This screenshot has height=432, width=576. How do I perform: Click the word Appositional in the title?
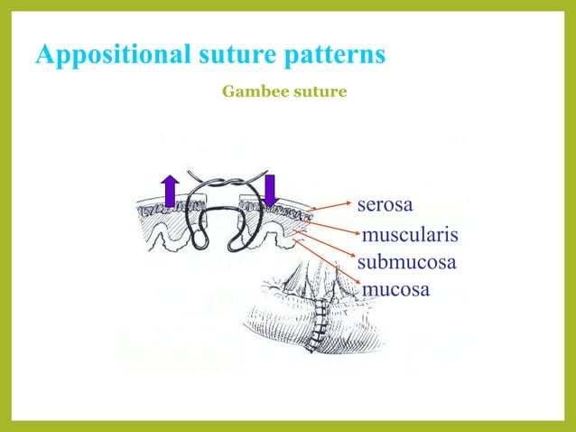(111, 55)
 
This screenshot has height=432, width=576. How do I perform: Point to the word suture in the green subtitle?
(317, 91)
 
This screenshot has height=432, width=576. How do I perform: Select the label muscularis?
(410, 237)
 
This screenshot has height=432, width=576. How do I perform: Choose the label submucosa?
(406, 263)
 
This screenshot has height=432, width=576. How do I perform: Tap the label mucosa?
(395, 290)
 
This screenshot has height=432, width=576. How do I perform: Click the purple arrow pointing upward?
(170, 192)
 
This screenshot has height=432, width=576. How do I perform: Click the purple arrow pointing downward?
(269, 191)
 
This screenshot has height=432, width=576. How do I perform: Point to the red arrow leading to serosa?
(330, 204)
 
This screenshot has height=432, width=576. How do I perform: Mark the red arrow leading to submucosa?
(327, 248)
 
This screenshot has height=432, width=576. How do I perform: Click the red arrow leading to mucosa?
(330, 266)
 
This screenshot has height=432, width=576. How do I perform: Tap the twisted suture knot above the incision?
(221, 181)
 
